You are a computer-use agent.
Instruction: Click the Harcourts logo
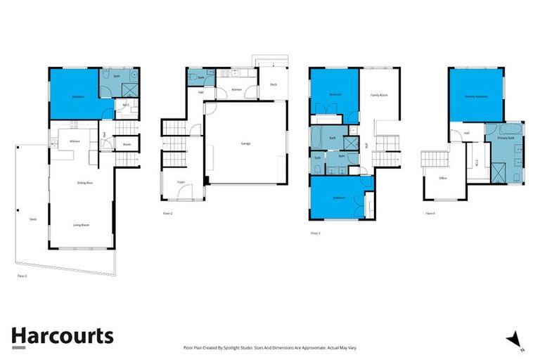tap(62, 335)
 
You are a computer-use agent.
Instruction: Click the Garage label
tap(246, 143)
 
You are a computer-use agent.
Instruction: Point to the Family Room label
tap(379, 94)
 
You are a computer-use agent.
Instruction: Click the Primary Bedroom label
tap(475, 96)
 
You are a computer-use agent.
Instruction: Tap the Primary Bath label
tap(506, 139)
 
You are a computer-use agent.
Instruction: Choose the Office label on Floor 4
tap(443, 179)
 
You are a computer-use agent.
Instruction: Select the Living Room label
tap(82, 225)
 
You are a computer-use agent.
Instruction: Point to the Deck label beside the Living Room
tap(32, 219)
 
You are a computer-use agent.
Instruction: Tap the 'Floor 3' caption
tap(315, 233)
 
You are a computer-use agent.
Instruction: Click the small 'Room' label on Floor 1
tap(127, 145)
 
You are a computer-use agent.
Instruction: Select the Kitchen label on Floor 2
tap(237, 90)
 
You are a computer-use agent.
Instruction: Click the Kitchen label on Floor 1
tap(75, 141)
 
